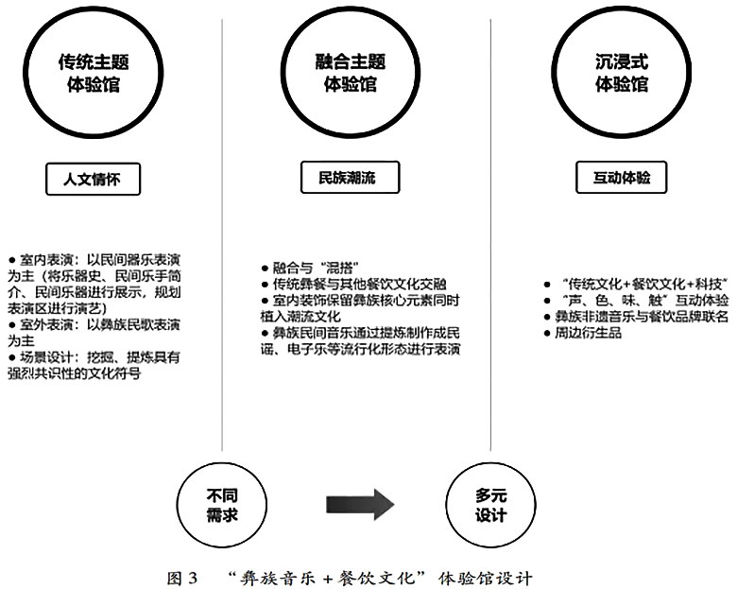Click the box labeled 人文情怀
point(94,177)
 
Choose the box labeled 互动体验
point(621,177)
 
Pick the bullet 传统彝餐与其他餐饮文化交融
point(359,284)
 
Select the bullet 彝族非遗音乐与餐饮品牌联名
point(638,317)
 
